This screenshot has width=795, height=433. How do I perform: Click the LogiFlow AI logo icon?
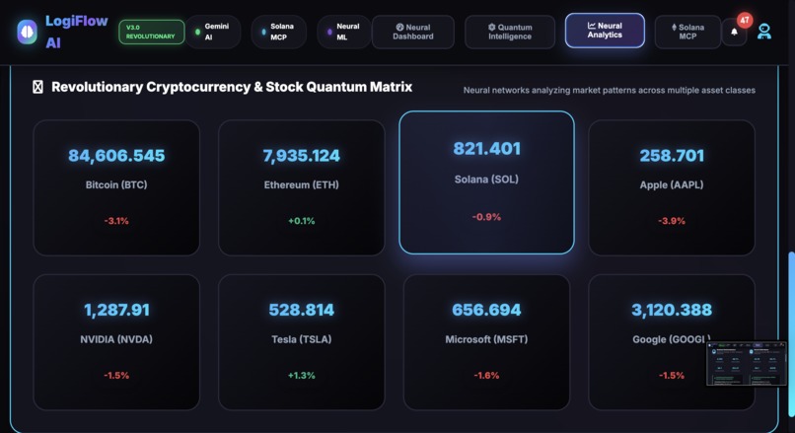pos(27,32)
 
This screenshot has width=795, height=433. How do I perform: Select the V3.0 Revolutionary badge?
pos(151,32)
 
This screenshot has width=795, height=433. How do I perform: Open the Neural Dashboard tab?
pos(412,32)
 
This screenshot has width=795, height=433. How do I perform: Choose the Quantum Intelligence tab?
pos(510,32)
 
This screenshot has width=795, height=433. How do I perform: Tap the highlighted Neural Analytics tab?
pos(605,31)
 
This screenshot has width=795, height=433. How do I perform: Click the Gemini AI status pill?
pos(214,32)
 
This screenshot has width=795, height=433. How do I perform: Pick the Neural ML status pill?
pos(344,32)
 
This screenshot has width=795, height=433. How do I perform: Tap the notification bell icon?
pos(734,33)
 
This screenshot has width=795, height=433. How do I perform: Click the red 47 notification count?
pos(745,20)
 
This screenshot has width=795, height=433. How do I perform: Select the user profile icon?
pos(764,32)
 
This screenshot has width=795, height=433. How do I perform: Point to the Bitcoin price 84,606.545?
pos(116,156)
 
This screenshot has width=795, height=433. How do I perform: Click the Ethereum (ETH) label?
pos(302,185)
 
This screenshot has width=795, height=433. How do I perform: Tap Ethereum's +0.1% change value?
pos(302,221)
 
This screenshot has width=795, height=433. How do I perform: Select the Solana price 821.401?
pos(486,149)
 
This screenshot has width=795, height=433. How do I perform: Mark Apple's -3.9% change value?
pos(672,221)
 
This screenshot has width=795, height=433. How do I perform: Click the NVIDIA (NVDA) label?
pos(116,339)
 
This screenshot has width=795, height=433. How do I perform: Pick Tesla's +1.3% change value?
pos(302,376)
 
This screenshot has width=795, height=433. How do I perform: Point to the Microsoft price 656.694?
pos(486,310)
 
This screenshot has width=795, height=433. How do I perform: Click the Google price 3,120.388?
pos(672,310)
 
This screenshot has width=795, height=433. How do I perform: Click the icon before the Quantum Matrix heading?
pos(38,87)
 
